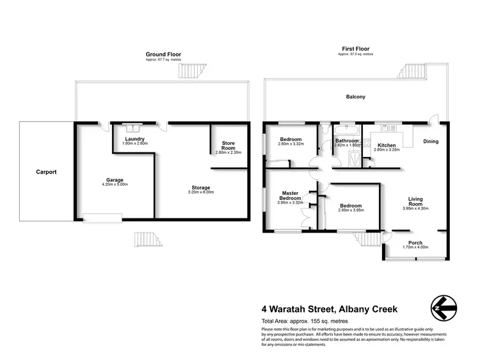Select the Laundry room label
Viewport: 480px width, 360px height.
click(x=134, y=139)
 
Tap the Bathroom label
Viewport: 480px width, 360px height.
click(x=346, y=140)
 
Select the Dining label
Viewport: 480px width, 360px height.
click(x=430, y=141)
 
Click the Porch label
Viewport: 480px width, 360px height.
click(x=415, y=241)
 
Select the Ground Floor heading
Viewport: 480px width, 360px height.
click(x=160, y=56)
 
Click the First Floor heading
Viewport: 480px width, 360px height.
click(x=355, y=48)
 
